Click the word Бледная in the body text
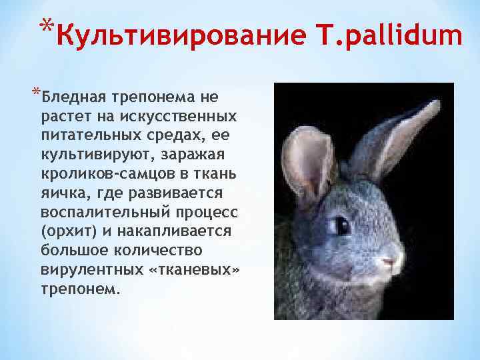[x=71, y=97]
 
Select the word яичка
[x=61, y=194]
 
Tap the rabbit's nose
[x=395, y=256]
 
